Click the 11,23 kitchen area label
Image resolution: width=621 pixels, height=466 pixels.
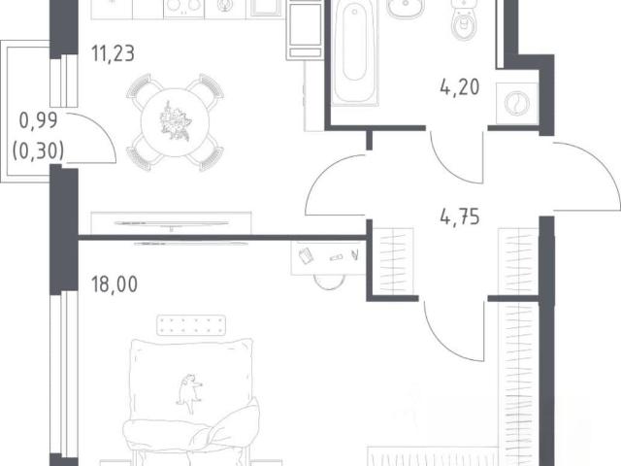click(x=113, y=54)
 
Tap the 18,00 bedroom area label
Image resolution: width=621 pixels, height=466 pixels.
click(x=114, y=284)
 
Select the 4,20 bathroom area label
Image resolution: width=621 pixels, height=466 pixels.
click(x=460, y=87)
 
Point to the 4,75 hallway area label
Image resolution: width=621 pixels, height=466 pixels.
click(x=460, y=217)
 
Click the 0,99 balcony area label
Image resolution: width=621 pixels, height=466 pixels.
click(x=39, y=120)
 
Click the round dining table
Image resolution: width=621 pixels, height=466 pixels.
click(x=175, y=122)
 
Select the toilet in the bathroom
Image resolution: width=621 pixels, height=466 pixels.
click(x=463, y=19)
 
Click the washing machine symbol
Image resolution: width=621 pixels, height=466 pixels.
click(x=517, y=104)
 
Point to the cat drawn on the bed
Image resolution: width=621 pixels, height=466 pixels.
click(x=189, y=392)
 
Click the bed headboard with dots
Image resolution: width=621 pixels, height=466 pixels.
click(x=191, y=325)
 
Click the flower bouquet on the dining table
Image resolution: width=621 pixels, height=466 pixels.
click(x=175, y=120)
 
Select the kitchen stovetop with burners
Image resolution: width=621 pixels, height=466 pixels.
click(x=183, y=8)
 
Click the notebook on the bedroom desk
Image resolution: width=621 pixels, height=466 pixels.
click(x=306, y=255)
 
